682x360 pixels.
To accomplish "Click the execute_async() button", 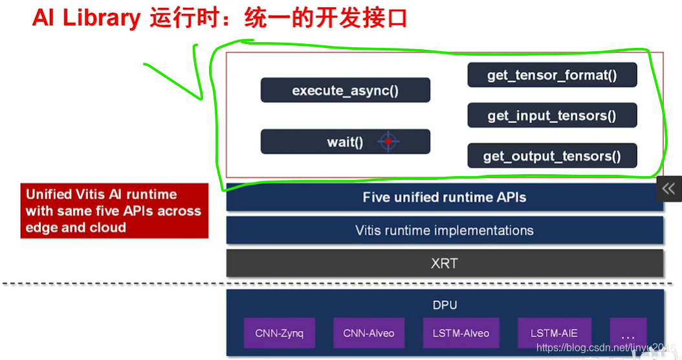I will coord(345,90).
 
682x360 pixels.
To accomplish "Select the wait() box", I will coord(345,141).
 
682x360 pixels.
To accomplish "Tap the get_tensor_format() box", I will coord(552,75).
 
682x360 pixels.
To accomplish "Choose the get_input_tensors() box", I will coord(552,116).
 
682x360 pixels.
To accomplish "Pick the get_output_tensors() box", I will coord(552,156).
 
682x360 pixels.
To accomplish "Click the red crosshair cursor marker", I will coord(388,141).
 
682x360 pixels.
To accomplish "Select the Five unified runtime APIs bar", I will coord(445,197).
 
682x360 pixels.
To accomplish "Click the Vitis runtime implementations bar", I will coord(445,231).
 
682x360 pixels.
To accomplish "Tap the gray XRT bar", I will coord(445,264).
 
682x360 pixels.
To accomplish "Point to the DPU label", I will coord(445,304).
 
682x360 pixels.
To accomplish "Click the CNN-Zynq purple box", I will coord(279,333).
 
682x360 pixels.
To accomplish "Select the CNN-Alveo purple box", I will coord(369,333).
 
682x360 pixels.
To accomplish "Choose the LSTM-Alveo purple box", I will coord(461,333).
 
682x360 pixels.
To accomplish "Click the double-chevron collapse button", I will coord(669,188).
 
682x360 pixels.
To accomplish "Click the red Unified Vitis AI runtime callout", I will coord(114,211).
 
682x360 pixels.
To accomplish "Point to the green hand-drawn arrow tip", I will coord(201,99).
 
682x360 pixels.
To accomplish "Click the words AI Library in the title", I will coord(86,17).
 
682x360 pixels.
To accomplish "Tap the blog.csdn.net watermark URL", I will coord(605,349).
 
